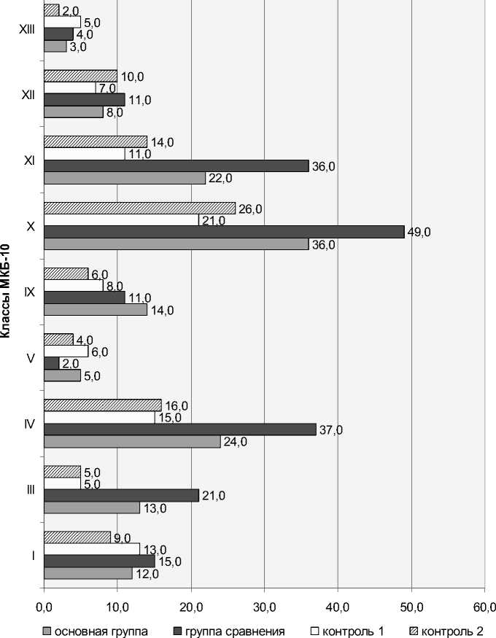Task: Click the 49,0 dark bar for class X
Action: point(224,232)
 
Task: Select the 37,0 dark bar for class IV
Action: point(179,429)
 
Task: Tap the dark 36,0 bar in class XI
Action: point(176,166)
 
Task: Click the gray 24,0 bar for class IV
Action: point(132,441)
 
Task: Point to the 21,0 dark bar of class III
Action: point(121,496)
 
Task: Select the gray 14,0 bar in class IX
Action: point(95,309)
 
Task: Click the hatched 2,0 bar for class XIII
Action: point(51,10)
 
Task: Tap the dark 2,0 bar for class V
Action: point(51,363)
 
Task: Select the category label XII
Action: point(28,94)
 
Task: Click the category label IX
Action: point(29,292)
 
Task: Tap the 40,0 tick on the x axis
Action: point(338,606)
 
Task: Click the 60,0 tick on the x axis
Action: point(484,606)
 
